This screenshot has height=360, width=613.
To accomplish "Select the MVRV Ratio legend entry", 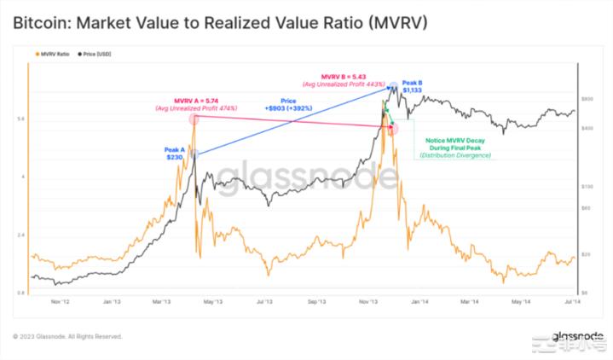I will point(53,54).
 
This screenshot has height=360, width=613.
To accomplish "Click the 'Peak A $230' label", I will point(176,153).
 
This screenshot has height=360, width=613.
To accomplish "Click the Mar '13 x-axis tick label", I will point(162,301).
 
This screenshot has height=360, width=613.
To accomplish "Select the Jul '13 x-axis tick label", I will point(264,301).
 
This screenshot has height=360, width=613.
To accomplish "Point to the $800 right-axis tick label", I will point(587,98).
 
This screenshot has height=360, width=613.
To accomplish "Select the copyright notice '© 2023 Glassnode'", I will point(68,336).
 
